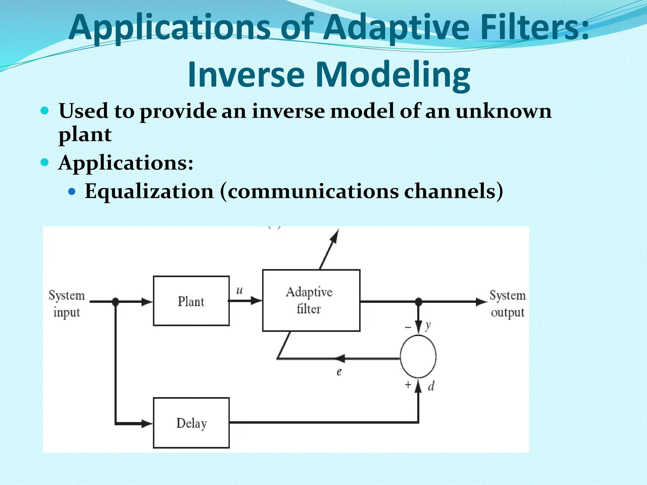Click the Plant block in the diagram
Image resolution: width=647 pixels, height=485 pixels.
point(191,301)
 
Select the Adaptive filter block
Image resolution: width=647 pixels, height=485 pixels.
point(311,300)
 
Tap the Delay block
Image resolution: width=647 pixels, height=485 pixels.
point(191,423)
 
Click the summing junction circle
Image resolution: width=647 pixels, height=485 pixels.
point(418,356)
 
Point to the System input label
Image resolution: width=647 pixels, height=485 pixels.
point(67,303)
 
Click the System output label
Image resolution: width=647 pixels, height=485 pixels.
point(507,303)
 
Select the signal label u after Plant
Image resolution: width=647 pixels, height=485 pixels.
point(239,290)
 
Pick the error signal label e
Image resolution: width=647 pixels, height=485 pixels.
point(339,372)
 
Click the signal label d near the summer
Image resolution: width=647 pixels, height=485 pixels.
point(431,386)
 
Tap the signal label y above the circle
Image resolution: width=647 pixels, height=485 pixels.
point(428,325)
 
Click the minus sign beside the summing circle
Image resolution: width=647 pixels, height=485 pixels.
point(408,327)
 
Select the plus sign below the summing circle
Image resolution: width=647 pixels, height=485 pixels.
point(408,385)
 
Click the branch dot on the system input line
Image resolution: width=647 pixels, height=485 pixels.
point(116,302)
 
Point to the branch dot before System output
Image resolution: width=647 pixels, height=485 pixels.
point(418,302)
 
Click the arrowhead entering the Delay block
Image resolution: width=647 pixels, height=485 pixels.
point(147,423)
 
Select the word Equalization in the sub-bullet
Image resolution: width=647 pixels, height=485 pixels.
point(149,191)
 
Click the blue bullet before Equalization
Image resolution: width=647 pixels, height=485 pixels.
point(72,191)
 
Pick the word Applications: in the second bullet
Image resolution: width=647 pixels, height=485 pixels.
point(125,163)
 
